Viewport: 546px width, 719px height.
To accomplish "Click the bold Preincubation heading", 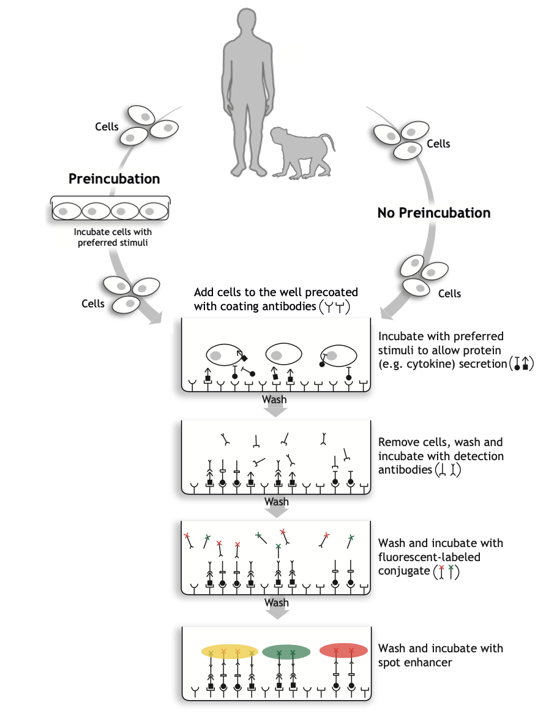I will [114, 179].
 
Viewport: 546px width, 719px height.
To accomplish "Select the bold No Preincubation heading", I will [434, 213].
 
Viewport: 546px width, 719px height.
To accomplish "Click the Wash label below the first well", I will [274, 400].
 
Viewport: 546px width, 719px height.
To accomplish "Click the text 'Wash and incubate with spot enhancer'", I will [441, 655].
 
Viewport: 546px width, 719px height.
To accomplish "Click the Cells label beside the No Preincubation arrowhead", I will [449, 294].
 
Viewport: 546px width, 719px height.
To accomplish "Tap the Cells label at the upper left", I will [107, 127].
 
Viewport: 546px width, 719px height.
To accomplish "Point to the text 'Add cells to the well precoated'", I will [276, 292].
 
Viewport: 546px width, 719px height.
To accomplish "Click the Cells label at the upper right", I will [438, 144].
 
